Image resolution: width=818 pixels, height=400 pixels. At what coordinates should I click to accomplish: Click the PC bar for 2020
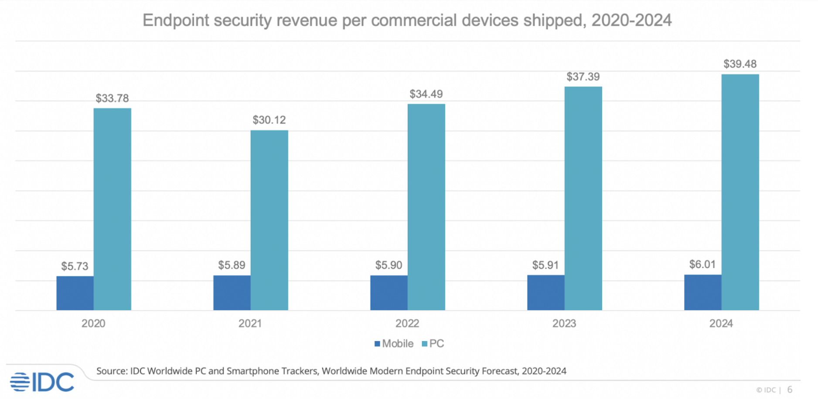(112, 209)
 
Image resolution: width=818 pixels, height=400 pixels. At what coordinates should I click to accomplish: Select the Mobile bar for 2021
(232, 293)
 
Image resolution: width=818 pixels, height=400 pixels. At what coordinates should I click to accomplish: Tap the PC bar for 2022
(426, 207)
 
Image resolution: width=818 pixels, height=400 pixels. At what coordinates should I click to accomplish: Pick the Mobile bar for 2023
(545, 292)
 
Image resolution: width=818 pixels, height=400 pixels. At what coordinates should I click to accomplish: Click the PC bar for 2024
(740, 192)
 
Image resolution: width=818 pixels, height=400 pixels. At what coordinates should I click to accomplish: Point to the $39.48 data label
(740, 64)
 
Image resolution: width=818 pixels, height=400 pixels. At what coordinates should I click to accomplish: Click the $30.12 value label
(269, 120)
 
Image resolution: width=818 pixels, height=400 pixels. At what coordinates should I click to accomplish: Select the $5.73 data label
(75, 266)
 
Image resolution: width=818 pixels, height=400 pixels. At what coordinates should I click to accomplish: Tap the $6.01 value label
(702, 264)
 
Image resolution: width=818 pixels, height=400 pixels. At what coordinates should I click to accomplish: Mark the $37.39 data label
(583, 77)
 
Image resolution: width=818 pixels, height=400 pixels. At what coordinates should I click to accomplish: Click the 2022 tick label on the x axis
(407, 323)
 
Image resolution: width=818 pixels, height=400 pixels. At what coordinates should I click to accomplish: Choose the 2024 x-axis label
(721, 323)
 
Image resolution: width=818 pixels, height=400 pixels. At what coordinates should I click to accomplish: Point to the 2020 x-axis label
(93, 323)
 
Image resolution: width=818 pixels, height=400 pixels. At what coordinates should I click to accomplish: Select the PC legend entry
(433, 344)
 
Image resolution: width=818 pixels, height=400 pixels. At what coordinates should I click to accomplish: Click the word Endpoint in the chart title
(176, 20)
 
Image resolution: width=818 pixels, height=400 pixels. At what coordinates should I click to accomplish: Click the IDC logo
(42, 382)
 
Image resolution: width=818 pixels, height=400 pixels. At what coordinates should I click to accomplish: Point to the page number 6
(790, 390)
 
